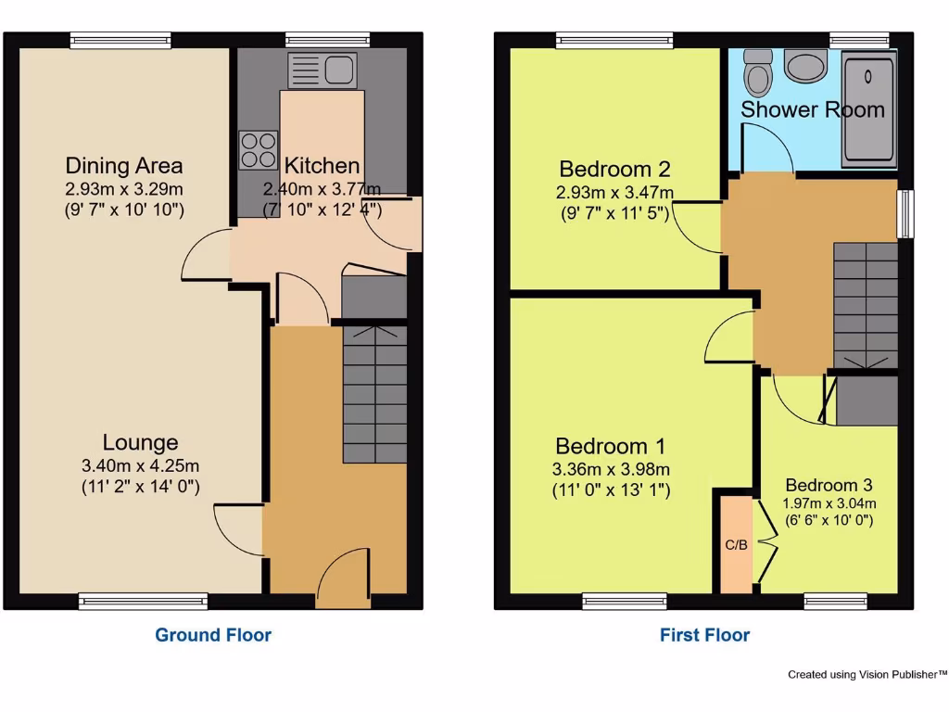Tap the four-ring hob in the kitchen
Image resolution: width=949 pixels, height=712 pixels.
click(259, 150)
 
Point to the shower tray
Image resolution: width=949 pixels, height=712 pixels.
click(868, 108)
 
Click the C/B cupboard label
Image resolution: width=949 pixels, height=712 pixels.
click(736, 545)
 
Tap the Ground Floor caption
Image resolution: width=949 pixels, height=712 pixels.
click(213, 635)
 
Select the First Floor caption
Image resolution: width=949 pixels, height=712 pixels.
click(704, 635)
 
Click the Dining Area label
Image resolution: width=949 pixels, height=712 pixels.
click(124, 166)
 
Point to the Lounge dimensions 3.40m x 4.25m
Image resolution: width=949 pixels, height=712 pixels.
click(140, 465)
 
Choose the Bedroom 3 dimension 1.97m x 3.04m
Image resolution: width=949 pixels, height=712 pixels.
click(829, 503)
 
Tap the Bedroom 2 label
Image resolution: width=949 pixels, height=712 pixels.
click(614, 170)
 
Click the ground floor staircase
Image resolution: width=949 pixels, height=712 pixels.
click(374, 394)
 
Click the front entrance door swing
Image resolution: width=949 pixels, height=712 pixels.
click(343, 575)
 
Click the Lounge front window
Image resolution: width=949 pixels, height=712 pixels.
click(143, 602)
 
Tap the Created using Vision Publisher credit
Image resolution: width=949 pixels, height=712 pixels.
click(867, 675)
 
